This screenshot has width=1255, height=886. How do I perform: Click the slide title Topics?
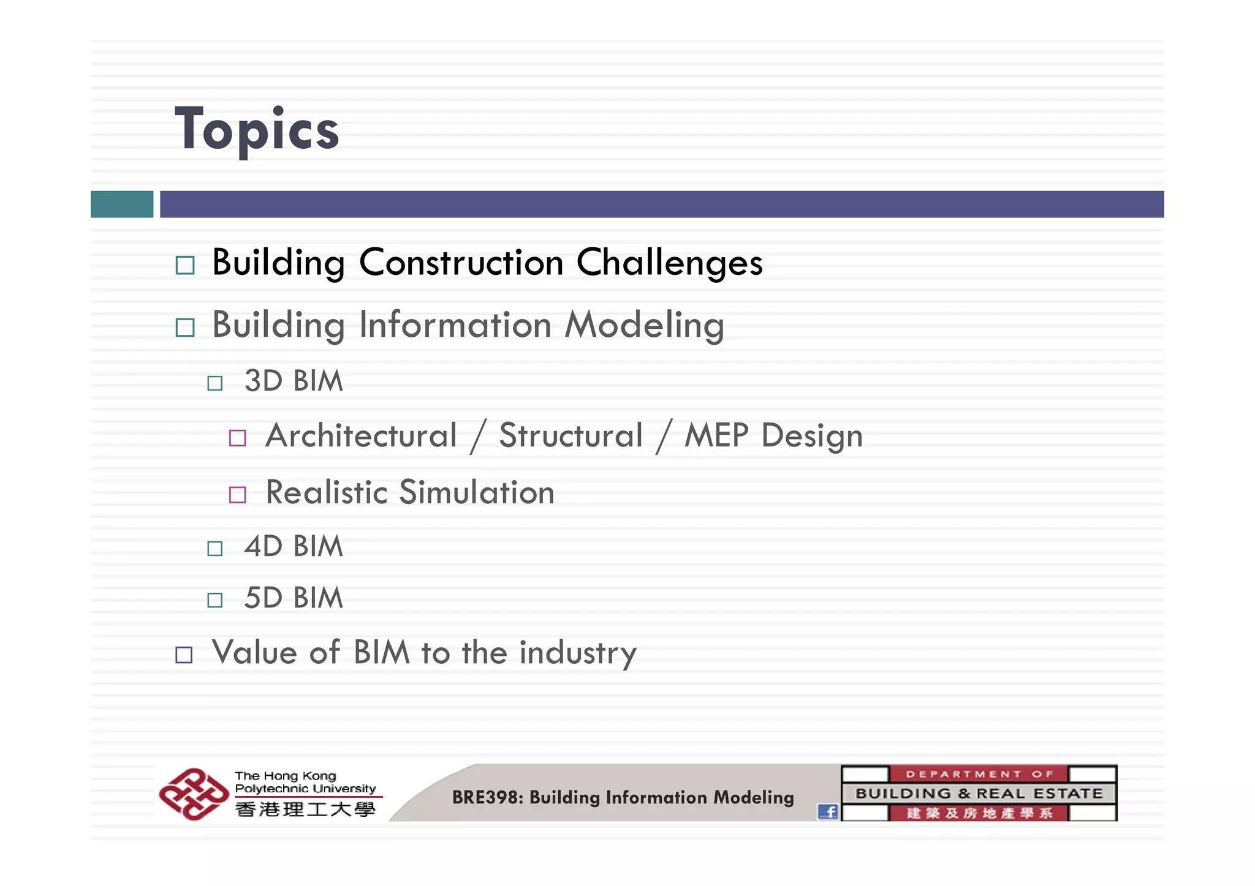257,130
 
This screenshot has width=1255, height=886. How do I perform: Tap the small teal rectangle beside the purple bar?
122,204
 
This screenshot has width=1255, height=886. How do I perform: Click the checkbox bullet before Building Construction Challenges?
184,265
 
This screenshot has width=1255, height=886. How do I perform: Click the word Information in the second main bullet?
455,325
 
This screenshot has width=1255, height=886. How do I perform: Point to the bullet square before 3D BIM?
214,383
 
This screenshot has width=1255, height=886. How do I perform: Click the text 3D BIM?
293,381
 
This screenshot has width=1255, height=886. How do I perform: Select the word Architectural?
361,436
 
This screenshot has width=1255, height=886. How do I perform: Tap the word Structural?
571,436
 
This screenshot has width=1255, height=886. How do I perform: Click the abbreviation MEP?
716,436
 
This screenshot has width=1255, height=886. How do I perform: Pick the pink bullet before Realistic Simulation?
237,494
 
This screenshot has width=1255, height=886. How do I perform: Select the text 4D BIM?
293,546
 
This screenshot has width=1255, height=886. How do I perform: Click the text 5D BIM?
293,598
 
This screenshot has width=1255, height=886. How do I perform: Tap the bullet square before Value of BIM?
184,655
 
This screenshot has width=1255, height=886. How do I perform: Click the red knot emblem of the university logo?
193,794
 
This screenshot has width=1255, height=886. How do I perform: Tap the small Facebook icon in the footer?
827,812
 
